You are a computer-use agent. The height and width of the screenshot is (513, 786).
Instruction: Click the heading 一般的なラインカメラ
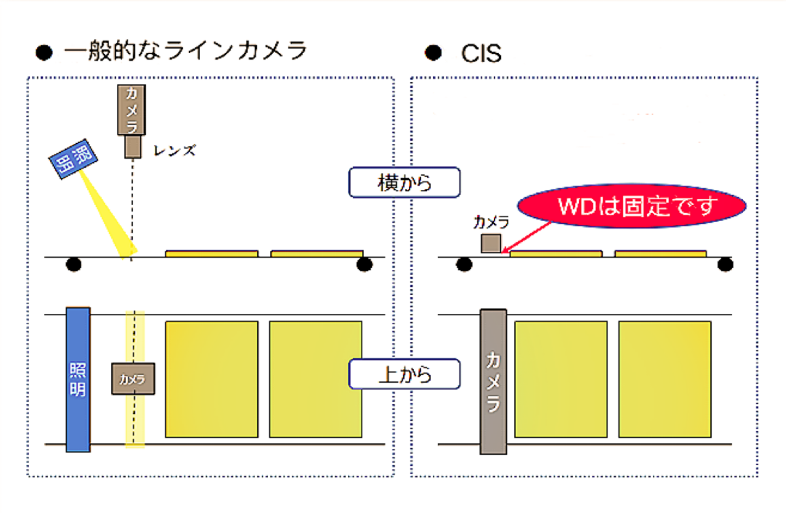(x=185, y=51)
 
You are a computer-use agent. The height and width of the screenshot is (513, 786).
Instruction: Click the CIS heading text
(x=480, y=53)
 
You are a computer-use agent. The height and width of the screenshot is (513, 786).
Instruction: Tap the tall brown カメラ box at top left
(x=132, y=110)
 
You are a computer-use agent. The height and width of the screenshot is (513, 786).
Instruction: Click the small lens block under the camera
(x=132, y=146)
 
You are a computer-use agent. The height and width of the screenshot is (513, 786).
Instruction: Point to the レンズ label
(x=174, y=150)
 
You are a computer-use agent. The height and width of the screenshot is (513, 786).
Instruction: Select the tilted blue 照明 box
(x=73, y=159)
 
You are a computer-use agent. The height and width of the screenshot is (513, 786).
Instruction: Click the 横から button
(x=404, y=183)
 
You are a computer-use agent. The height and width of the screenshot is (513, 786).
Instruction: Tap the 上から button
(x=404, y=374)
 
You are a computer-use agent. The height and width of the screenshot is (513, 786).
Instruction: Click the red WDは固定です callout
(x=631, y=206)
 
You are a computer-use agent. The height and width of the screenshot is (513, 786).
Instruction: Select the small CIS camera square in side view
(x=491, y=243)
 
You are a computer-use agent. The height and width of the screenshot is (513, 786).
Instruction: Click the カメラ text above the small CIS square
(x=491, y=222)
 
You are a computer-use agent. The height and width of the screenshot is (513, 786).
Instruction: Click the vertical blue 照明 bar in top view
(x=78, y=379)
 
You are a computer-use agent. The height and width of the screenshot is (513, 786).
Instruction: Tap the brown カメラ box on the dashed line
(x=133, y=379)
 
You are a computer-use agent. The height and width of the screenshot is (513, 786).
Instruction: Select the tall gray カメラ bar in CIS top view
(x=493, y=382)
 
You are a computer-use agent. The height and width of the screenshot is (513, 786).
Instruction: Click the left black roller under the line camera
(x=73, y=264)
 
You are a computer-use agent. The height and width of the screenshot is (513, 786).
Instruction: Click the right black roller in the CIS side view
(x=725, y=264)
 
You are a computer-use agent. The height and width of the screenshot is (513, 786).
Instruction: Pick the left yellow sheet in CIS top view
(x=561, y=379)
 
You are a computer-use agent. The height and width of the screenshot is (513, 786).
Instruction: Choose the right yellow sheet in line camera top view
(x=315, y=379)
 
